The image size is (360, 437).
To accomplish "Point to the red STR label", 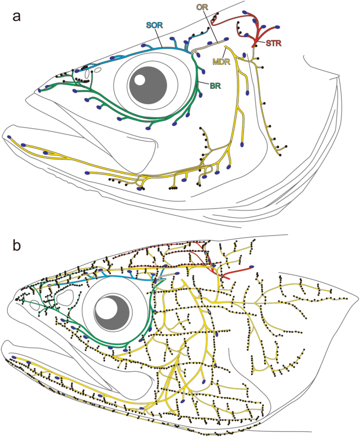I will coord(273,44).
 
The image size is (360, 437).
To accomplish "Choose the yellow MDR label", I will coord(221,62).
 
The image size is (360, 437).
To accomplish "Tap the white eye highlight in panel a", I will coord(140,80).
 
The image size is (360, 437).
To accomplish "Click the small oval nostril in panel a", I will coord(98,68).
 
